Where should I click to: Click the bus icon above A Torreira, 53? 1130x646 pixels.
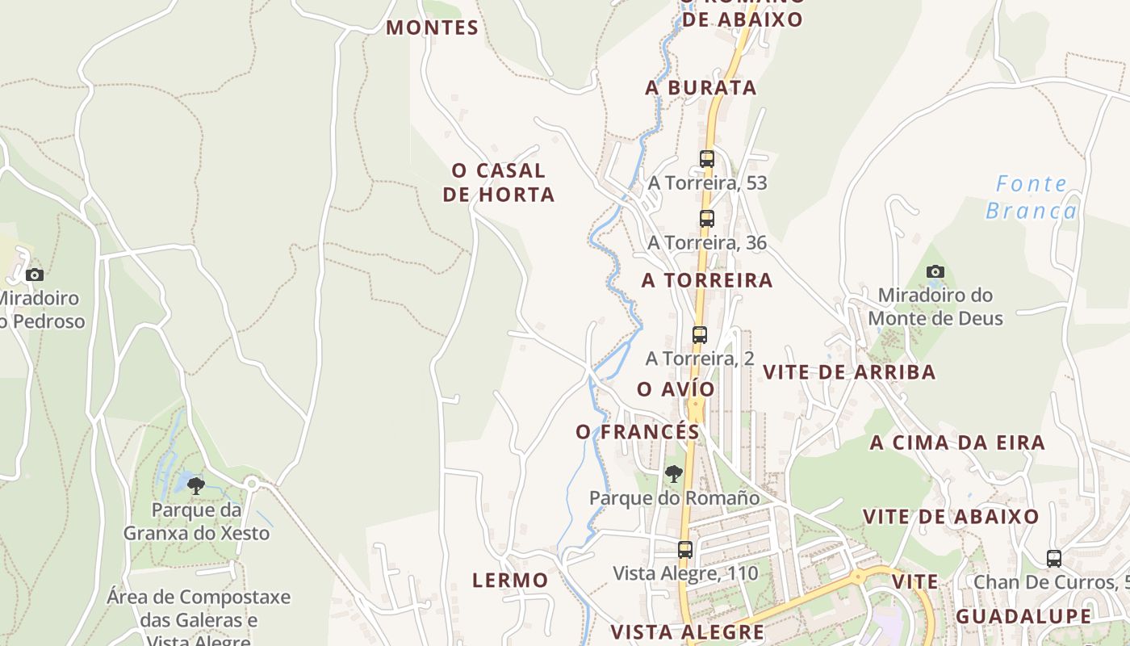pos(707,159)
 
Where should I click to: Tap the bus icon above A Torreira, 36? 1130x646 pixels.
pos(707,218)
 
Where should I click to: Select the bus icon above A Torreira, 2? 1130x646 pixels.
pos(700,334)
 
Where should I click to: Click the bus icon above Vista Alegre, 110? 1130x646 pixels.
pos(685,550)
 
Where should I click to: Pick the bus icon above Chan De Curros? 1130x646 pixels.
pos(1054,558)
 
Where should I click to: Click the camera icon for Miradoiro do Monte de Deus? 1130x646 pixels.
pos(935,271)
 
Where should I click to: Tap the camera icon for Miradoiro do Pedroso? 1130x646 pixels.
pos(34,275)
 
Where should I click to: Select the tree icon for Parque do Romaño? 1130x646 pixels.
pos(674,474)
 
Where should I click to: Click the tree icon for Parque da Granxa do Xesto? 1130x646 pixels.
pos(195,485)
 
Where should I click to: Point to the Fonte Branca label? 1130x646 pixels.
pos(1032,197)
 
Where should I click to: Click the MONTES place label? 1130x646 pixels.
pos(432,27)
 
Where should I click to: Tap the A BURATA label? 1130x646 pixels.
pos(701,88)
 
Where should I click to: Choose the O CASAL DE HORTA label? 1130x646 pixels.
pos(499,182)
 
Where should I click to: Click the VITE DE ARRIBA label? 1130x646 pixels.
pos(849,372)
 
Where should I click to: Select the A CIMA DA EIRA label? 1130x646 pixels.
pos(957,443)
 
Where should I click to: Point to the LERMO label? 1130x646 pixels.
pos(510,580)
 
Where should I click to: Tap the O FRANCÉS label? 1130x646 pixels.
pos(638,432)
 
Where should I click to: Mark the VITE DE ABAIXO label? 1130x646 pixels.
pos(951,517)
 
